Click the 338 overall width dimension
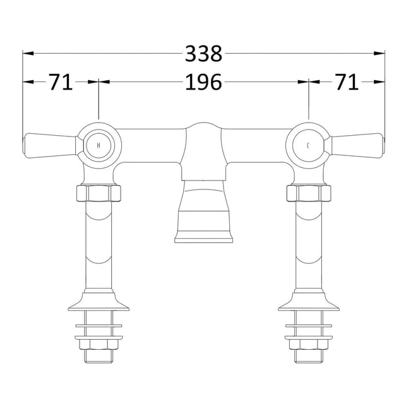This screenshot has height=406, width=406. coord(203,54)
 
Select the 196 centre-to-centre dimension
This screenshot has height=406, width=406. coord(203,82)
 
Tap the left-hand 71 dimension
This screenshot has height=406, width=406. coord(61,82)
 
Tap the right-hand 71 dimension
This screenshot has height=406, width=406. coord(347,82)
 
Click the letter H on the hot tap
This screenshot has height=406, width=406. coord(99,145)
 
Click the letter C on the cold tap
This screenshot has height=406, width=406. coord(308,146)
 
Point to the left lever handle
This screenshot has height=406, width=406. coord(50,145)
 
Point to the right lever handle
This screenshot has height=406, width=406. coord(357,145)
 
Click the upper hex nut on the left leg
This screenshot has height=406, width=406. coord(99,193)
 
